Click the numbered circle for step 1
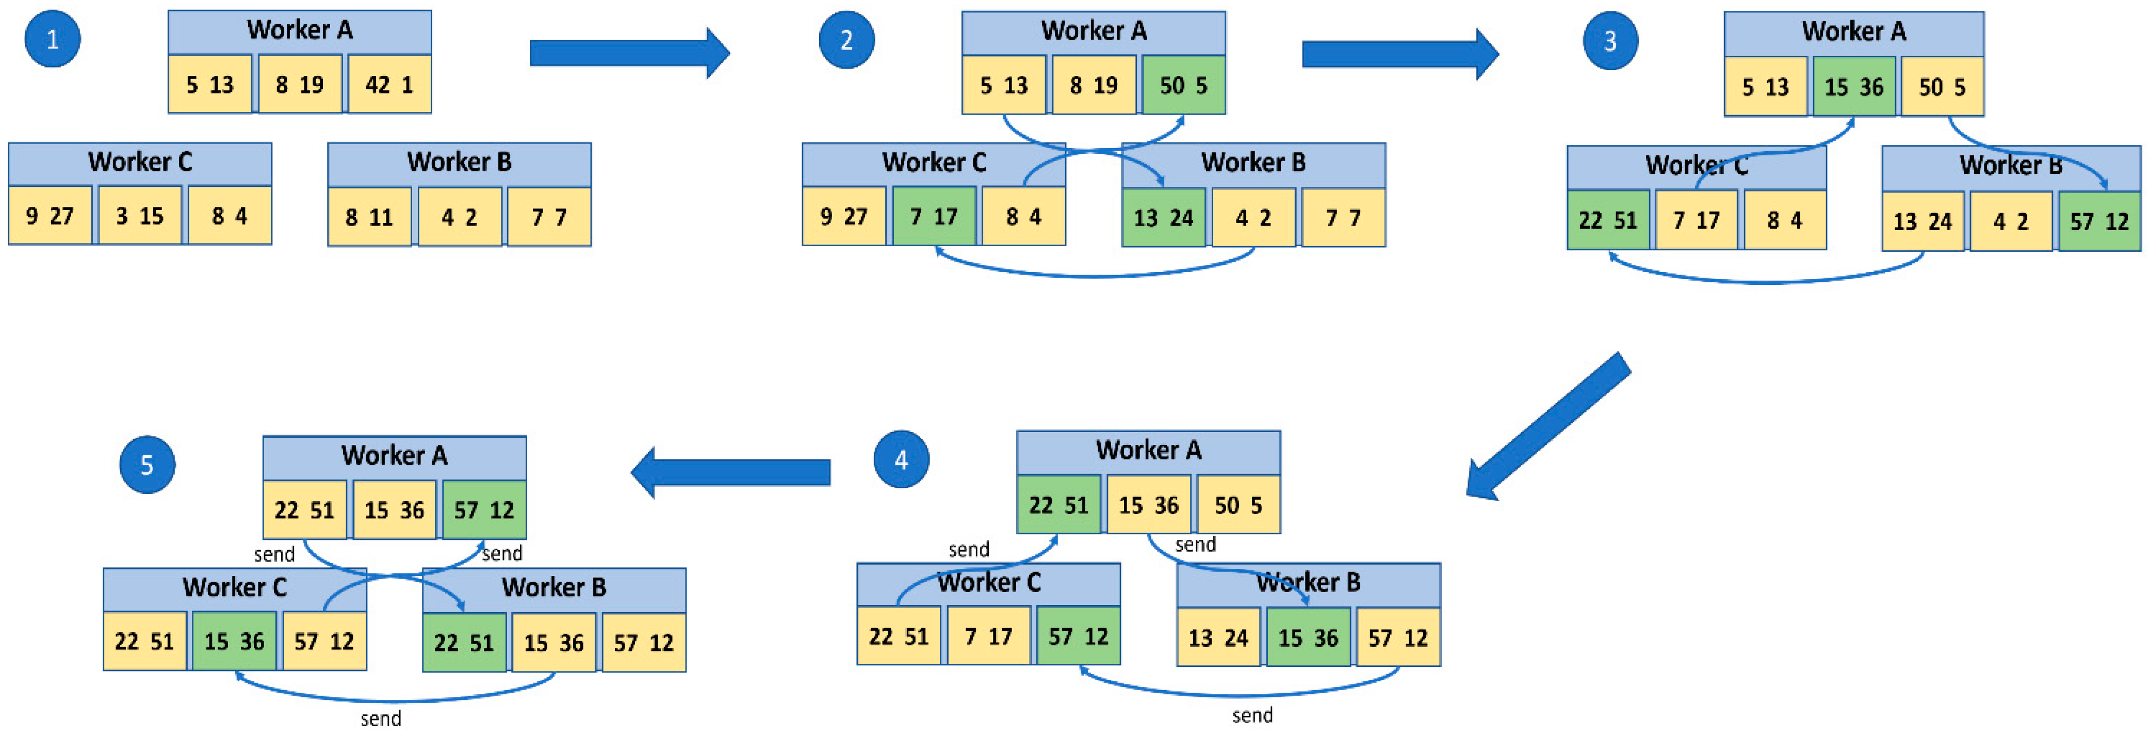(53, 39)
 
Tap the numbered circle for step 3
(1610, 41)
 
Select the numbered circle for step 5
(147, 465)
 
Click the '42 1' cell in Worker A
(389, 84)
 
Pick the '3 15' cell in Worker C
(139, 215)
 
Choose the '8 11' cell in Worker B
(369, 217)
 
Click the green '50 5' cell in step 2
(1183, 85)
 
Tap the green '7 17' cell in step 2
(934, 216)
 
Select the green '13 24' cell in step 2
(1163, 218)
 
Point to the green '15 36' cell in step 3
(1854, 87)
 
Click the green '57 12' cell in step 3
(2099, 221)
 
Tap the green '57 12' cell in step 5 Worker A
(483, 509)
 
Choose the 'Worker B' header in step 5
(553, 587)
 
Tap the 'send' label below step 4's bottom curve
(1252, 715)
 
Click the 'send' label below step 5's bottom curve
(381, 718)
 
